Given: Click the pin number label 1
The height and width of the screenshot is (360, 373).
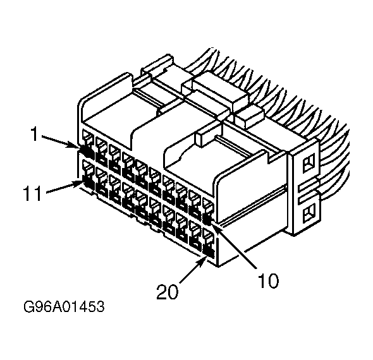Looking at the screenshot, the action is (x=35, y=134).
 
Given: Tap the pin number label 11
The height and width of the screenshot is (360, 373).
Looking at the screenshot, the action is (x=33, y=193).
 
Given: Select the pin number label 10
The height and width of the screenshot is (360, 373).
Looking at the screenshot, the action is (x=268, y=280).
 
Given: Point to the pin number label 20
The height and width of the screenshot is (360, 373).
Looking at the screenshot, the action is (x=167, y=292).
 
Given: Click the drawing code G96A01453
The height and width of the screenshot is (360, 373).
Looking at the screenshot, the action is (x=64, y=306).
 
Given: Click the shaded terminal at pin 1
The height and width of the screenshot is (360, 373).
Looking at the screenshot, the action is (x=86, y=152).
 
